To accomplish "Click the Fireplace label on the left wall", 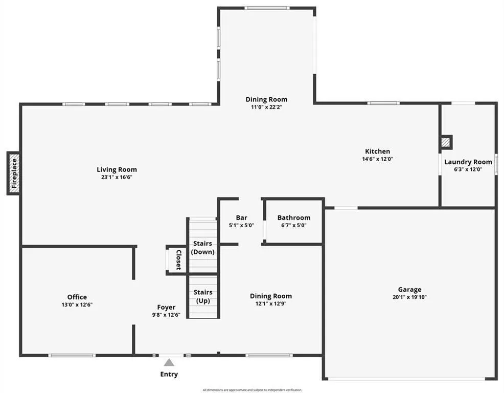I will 14,173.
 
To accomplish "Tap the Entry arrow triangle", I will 169,363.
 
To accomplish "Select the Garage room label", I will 410,289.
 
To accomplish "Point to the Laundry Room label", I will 468,162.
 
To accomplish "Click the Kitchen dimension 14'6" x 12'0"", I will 377,159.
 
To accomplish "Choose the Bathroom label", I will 294,217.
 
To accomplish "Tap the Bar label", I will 241,217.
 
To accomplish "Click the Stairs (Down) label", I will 203,248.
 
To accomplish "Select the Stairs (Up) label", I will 203,296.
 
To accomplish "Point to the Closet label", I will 178,259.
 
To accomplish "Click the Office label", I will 77,297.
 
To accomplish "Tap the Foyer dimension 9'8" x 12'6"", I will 166,315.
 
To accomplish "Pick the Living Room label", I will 117,169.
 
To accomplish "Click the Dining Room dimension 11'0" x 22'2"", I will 266,107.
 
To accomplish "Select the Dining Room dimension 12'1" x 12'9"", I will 270,303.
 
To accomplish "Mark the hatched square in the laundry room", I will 446,142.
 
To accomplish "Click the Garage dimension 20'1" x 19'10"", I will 410,297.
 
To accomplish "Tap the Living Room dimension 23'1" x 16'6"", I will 117,177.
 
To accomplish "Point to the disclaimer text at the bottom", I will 252,390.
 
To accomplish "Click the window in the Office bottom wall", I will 72,355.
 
